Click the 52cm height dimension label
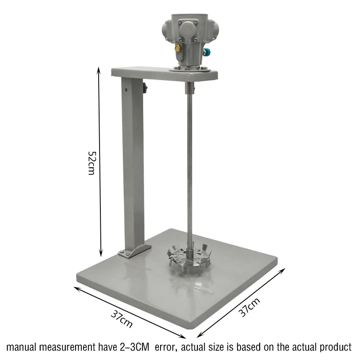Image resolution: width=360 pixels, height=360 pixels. click(91, 163)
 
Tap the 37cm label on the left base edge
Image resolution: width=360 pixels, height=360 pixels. click(122, 319)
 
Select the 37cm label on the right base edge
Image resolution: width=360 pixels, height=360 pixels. click(249, 307)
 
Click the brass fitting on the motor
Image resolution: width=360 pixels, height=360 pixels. click(177, 48)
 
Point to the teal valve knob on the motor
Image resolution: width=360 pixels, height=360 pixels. click(208, 52)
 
